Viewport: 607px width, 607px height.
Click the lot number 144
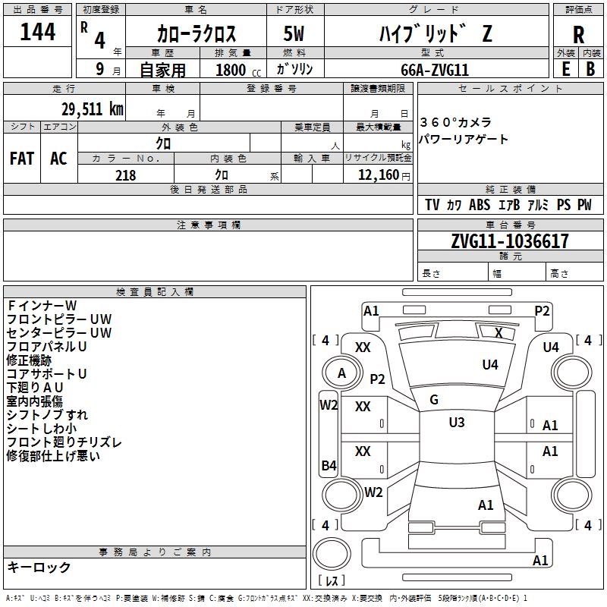click(x=38, y=32)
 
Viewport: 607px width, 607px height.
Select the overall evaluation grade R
click(x=578, y=34)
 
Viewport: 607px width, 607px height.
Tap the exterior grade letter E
click(x=565, y=68)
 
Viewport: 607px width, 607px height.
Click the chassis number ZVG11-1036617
click(x=509, y=241)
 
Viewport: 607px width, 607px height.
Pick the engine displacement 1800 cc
click(x=231, y=70)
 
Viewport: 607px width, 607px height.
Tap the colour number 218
click(x=125, y=175)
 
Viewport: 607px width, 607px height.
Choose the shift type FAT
click(x=22, y=158)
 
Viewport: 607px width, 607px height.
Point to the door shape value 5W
click(x=294, y=33)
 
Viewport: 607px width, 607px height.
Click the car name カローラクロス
click(x=197, y=34)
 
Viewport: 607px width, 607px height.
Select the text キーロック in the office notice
click(x=39, y=567)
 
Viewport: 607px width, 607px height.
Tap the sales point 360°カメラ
click(x=455, y=122)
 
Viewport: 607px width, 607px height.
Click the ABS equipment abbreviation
click(x=480, y=205)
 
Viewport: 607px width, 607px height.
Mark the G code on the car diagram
click(x=434, y=400)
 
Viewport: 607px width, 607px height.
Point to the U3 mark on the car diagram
click(x=456, y=423)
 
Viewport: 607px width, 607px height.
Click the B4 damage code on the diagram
click(x=329, y=466)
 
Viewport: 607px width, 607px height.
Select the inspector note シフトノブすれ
click(x=47, y=414)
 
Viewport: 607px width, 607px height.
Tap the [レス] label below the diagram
click(x=332, y=581)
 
